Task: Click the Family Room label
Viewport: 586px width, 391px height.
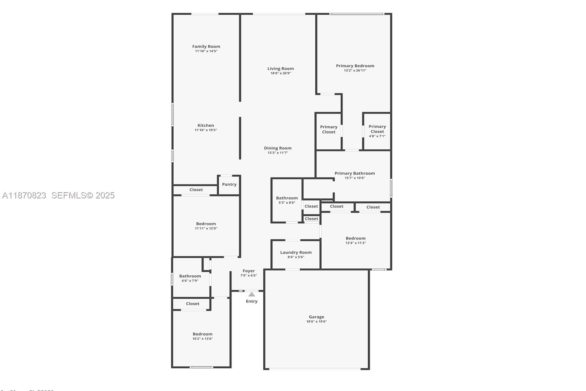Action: click(x=206, y=46)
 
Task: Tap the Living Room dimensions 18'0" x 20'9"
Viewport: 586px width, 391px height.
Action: click(x=281, y=73)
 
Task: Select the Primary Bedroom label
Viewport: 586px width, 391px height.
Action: click(x=355, y=66)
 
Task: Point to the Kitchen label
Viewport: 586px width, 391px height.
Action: click(x=206, y=125)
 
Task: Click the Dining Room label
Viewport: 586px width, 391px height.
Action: click(x=278, y=148)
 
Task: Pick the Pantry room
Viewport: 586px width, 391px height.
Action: click(x=229, y=185)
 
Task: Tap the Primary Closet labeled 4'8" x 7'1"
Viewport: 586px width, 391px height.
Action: click(x=377, y=131)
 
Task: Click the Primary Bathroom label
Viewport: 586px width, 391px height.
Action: click(x=355, y=173)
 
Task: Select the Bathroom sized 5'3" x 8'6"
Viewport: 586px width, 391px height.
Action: click(x=287, y=200)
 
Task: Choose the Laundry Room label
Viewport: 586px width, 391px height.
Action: click(x=296, y=252)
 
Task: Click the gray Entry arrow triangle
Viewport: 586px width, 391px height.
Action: click(x=252, y=294)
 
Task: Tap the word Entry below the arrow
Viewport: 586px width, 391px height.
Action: click(x=252, y=301)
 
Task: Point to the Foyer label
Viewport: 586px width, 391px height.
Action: click(x=249, y=271)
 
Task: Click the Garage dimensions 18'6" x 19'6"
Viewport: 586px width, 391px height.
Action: click(x=316, y=322)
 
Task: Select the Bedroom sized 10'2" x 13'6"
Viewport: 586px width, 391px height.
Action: click(x=203, y=336)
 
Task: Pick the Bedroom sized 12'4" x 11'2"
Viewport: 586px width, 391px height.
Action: click(x=356, y=240)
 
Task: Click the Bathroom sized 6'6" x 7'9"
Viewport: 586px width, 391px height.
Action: click(x=190, y=278)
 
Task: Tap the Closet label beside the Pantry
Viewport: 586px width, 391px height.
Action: click(x=196, y=190)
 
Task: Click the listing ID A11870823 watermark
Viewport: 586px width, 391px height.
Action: click(x=24, y=195)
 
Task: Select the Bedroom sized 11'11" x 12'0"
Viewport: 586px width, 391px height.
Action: click(x=206, y=226)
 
